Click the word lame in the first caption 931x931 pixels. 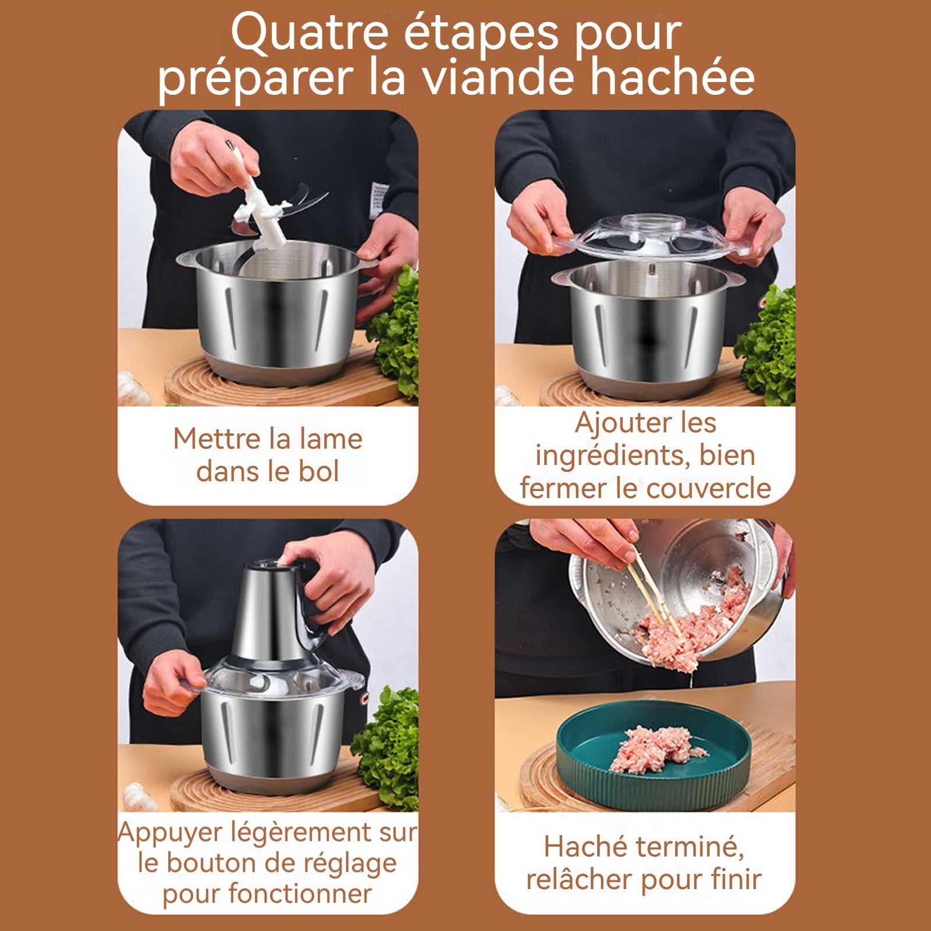point(331,439)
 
